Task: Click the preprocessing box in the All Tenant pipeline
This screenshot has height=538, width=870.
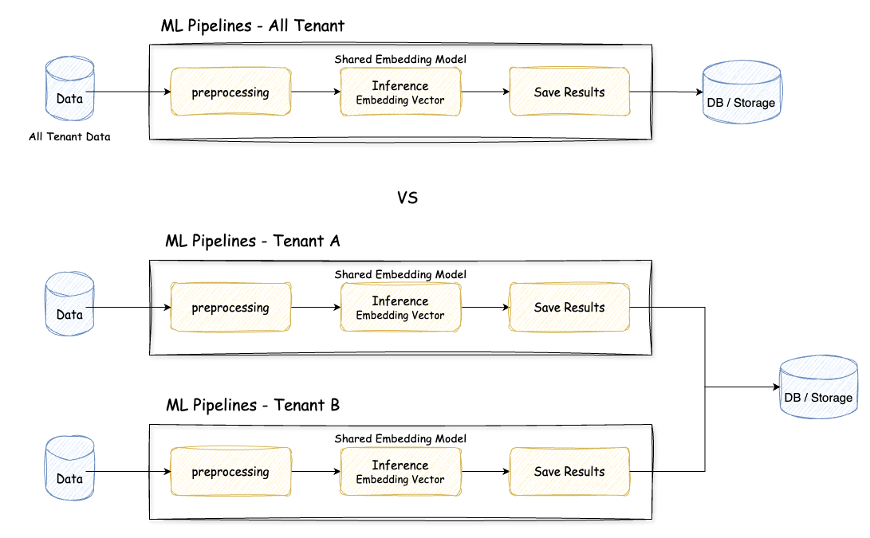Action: tap(230, 92)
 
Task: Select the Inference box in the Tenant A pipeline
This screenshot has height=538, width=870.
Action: tap(400, 308)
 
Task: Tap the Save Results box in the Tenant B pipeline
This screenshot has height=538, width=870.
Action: tap(569, 472)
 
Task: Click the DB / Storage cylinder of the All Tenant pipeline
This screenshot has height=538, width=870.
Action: tap(741, 92)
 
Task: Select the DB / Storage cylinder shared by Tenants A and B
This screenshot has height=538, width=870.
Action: tap(819, 388)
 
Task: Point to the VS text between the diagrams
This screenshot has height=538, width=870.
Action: tap(407, 198)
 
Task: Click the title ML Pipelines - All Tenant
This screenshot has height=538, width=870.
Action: tap(253, 26)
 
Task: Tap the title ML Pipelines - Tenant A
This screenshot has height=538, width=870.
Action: tap(253, 241)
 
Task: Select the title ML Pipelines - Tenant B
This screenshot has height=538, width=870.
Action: tap(253, 405)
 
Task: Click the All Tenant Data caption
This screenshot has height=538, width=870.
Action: tap(69, 137)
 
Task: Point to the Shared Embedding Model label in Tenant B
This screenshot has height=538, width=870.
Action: tap(400, 438)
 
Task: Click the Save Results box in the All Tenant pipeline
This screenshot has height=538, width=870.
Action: tap(569, 92)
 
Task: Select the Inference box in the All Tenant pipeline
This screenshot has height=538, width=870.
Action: tap(400, 92)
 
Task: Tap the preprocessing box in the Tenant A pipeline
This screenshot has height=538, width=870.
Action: tap(230, 308)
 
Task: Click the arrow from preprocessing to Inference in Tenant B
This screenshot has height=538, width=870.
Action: tap(316, 472)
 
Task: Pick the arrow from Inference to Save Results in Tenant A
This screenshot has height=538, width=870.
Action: tap(485, 308)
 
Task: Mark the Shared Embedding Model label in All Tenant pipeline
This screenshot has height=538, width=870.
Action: tap(400, 59)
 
